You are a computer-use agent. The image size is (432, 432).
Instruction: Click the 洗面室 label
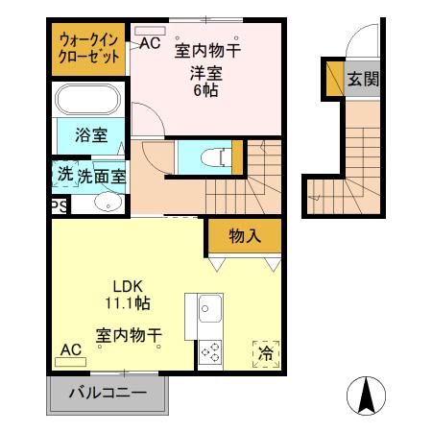[102, 176]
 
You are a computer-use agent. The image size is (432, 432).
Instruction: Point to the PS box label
[59, 205]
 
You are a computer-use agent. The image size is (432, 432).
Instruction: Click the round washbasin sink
[108, 203]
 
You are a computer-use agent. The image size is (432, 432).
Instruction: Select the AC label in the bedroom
[151, 43]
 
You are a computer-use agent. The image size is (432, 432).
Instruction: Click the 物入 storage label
[244, 235]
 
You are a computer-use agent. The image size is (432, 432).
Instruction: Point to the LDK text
[129, 286]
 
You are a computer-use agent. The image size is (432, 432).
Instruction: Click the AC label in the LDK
[70, 349]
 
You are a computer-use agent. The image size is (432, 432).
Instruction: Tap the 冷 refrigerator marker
[264, 354]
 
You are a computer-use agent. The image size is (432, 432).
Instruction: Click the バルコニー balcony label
[108, 394]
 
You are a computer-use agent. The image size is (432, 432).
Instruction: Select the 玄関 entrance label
[362, 79]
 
